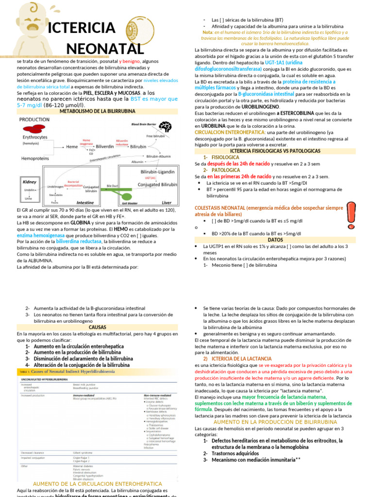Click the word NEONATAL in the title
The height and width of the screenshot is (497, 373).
[x=104, y=49]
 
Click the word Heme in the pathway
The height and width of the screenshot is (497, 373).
[x=71, y=146]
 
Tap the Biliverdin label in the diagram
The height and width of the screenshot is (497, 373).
[x=105, y=146]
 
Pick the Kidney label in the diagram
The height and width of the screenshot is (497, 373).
[x=30, y=182]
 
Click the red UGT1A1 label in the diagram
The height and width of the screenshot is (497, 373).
[x=150, y=178]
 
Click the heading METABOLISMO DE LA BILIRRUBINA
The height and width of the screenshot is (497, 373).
[x=97, y=111]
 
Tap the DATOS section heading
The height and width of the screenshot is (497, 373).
[x=275, y=240]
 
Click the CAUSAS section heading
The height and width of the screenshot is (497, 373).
[x=97, y=327]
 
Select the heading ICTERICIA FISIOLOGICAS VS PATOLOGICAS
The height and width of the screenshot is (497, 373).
[x=275, y=151]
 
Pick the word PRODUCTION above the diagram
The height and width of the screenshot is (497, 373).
[x=34, y=119]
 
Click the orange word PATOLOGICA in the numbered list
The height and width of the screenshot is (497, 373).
[x=225, y=170]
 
